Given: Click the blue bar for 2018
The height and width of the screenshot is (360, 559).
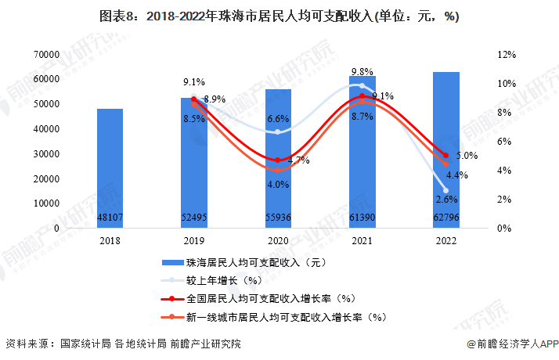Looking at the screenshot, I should coord(110,168).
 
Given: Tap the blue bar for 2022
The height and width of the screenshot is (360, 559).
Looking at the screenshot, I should coord(446,149).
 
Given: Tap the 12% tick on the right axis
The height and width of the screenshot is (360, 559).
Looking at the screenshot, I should coord(506,54).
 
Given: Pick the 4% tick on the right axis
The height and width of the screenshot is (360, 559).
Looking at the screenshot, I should coord(503,170).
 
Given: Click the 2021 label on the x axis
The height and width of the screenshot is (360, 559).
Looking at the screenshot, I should coord(362,241).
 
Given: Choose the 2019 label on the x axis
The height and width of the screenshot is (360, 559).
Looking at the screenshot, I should coord(194,241).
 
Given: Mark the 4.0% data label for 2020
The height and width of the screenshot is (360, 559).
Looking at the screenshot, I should coord(278,184).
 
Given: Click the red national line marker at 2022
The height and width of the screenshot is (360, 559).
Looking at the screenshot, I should coord(445,155).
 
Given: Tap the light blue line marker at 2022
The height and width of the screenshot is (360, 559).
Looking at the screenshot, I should coord(445,190).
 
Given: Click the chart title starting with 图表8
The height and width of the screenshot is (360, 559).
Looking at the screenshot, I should coord(279,16).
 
